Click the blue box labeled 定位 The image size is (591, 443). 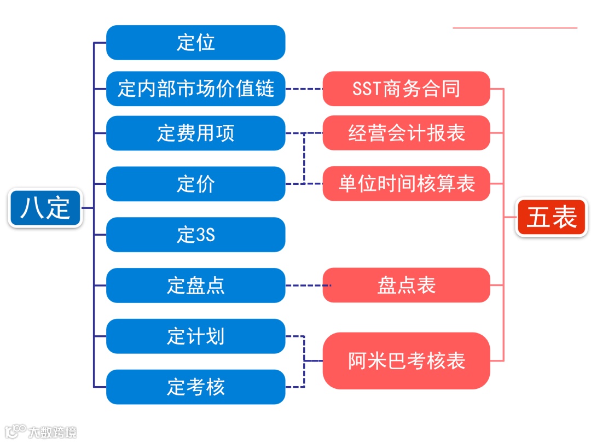tap(195, 43)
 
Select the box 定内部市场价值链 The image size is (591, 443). tap(195, 89)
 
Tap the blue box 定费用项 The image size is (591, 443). tap(195, 133)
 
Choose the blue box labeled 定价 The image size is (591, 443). tap(195, 184)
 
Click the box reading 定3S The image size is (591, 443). tap(195, 235)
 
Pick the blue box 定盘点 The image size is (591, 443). tap(195, 285)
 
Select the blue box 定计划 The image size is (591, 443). tap(195, 336)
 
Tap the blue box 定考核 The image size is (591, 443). tap(195, 387)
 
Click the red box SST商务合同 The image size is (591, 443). tap(406, 89)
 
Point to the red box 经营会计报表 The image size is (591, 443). tap(406, 133)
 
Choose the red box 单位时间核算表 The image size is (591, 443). tap(406, 184)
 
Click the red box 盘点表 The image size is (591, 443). tap(406, 285)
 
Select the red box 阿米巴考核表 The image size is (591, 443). tap(406, 361)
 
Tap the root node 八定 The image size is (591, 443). tap(45, 208)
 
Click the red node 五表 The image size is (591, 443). tap(552, 218)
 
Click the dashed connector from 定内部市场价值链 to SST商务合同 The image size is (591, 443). tap(304, 89)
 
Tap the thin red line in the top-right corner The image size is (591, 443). tap(515, 27)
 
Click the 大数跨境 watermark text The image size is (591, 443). tap(53, 432)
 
